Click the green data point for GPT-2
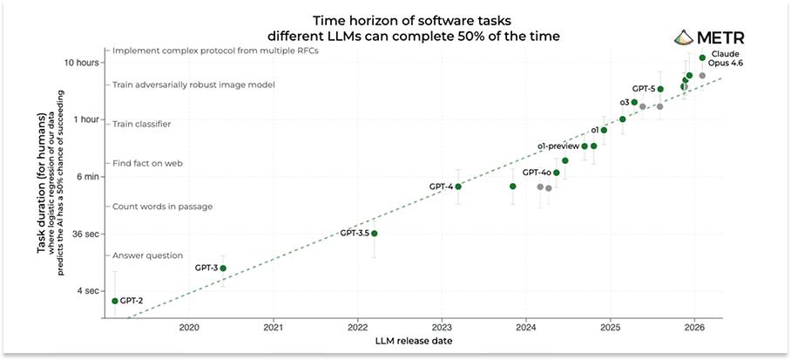pyautogui.click(x=115, y=301)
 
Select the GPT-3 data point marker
pyautogui.click(x=223, y=268)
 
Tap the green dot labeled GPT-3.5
pyautogui.click(x=375, y=234)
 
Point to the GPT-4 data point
pyautogui.click(x=458, y=187)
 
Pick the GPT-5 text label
pyautogui.click(x=644, y=89)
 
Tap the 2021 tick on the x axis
pyautogui.click(x=274, y=328)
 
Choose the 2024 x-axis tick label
pyautogui.click(x=526, y=328)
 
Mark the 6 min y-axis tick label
pyautogui.click(x=90, y=177)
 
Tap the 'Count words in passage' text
pyautogui.click(x=162, y=207)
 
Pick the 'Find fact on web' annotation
pyautogui.click(x=146, y=163)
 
